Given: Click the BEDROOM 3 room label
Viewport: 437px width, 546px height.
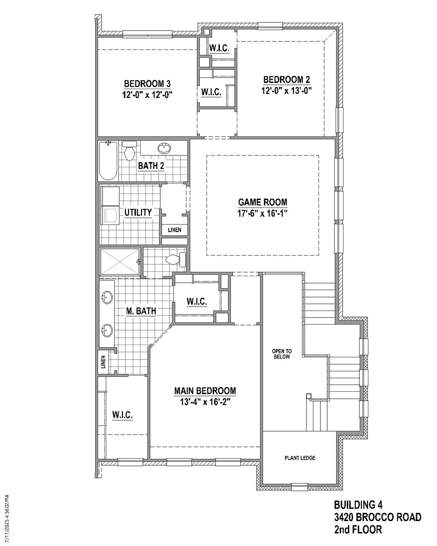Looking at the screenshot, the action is [x=147, y=83].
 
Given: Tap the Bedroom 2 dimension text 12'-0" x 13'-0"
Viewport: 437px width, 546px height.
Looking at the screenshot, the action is [x=286, y=90].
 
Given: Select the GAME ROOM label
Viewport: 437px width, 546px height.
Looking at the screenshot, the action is [x=263, y=202].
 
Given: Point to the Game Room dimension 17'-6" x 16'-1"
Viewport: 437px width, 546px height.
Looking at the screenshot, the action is [x=262, y=213].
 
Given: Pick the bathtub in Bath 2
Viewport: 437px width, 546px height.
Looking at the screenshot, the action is [x=108, y=161].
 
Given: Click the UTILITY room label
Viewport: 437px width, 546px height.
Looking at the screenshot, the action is [x=138, y=212].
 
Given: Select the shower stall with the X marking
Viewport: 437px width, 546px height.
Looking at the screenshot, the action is [x=120, y=262].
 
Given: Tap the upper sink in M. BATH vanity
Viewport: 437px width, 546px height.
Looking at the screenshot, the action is [x=107, y=297].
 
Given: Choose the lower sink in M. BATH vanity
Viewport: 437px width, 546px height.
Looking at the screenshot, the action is [x=107, y=330].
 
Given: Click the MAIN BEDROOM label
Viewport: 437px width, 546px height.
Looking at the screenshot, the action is [x=205, y=390].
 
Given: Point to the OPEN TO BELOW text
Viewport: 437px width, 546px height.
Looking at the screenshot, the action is [x=281, y=354].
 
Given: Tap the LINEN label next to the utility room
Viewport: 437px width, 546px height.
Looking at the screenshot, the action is [x=174, y=230].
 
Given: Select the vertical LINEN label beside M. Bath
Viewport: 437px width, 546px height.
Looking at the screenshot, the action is [x=103, y=362].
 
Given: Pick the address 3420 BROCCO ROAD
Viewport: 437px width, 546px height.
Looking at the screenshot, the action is [x=378, y=517].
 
